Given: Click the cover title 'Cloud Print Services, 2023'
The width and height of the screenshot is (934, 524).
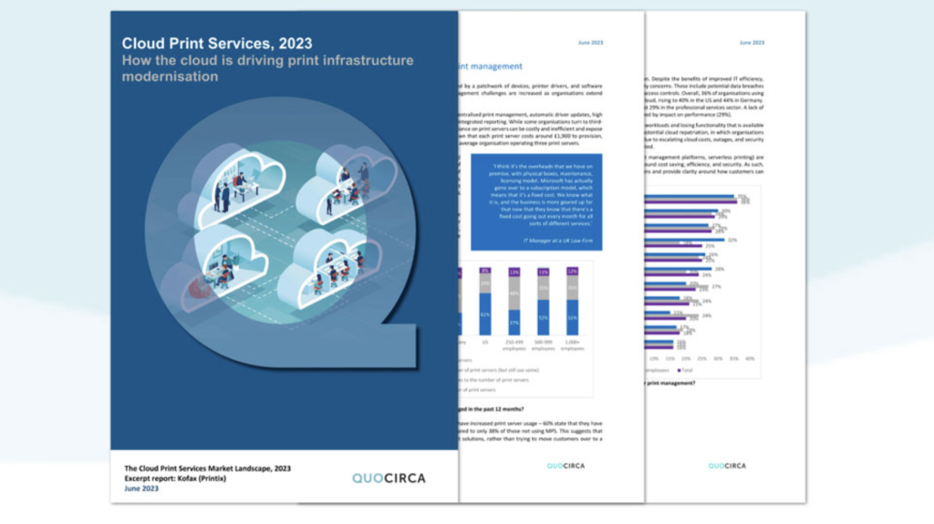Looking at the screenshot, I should point(217,43).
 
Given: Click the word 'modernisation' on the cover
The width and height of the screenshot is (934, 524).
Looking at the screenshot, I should point(171,77).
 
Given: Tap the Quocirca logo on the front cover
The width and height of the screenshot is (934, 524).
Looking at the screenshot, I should point(389,478).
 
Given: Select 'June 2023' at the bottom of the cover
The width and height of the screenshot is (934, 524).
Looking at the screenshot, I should point(141,488).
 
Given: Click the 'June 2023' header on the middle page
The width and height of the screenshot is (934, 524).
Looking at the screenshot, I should point(590,43).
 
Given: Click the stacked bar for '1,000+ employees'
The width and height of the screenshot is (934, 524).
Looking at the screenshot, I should point(572,302).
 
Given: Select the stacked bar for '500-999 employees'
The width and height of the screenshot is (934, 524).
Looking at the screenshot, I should point(543,302).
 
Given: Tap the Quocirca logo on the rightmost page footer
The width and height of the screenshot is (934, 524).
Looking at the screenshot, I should point(727,466).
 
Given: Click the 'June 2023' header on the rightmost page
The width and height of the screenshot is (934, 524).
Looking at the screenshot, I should point(752,43).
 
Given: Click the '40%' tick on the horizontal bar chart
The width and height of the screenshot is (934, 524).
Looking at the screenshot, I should point(750,358).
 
